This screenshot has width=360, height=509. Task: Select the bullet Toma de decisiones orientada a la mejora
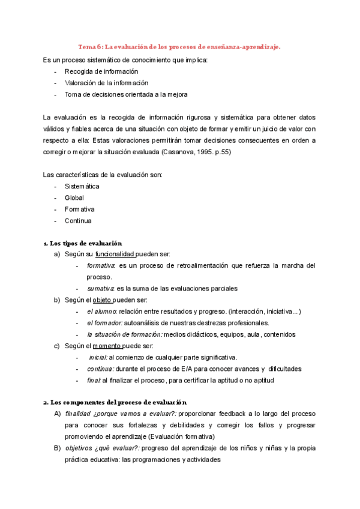point(126,94)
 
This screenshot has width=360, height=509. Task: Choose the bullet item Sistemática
point(82,186)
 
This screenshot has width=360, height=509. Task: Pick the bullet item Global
point(74,197)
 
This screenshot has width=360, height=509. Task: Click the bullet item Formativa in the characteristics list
point(80,209)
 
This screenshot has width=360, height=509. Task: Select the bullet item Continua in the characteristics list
point(79,220)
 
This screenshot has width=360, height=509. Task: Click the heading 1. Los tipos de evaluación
point(83,243)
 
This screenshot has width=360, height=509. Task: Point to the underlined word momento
point(108,346)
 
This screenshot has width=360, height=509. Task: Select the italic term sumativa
point(100,289)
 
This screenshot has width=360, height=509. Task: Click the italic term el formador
point(104,323)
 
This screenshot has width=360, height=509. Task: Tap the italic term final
point(94,380)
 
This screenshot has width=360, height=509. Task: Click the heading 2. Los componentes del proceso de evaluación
point(115,403)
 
